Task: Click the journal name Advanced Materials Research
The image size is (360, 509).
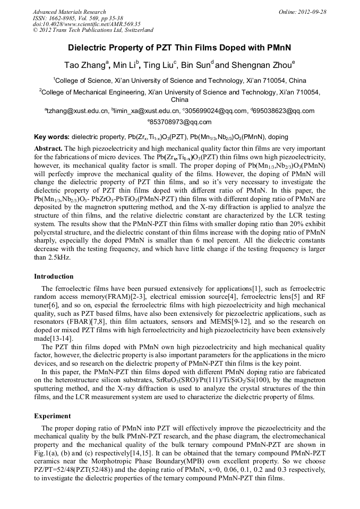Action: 69,12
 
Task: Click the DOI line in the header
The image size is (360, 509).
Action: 87,24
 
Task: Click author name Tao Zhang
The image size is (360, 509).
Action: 86,65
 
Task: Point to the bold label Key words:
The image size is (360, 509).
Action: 52,136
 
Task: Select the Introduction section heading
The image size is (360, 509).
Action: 54,277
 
